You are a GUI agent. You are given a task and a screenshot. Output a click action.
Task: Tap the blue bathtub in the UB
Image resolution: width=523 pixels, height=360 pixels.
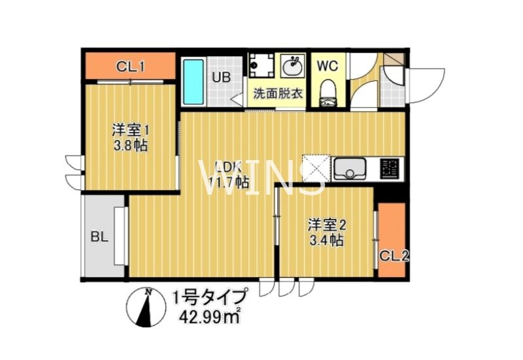point(193,82)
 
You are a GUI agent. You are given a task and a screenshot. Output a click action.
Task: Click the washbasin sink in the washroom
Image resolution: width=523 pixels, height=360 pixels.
point(292,66)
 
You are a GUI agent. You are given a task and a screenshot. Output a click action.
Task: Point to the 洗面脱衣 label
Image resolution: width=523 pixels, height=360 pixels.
point(278,93)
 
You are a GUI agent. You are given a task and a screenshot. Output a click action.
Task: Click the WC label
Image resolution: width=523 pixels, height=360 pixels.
point(327,66)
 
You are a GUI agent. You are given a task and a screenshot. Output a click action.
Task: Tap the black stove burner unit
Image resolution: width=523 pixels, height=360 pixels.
point(390,169)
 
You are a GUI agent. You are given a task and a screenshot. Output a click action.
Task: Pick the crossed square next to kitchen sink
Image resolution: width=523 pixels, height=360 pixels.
point(316,169)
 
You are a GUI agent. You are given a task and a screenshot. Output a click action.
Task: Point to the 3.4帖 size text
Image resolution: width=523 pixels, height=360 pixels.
point(327,240)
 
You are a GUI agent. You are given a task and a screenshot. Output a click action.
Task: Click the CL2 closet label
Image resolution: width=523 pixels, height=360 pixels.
point(394,255)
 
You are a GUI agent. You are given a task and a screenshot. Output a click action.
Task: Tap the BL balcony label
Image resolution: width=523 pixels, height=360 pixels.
point(99,236)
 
